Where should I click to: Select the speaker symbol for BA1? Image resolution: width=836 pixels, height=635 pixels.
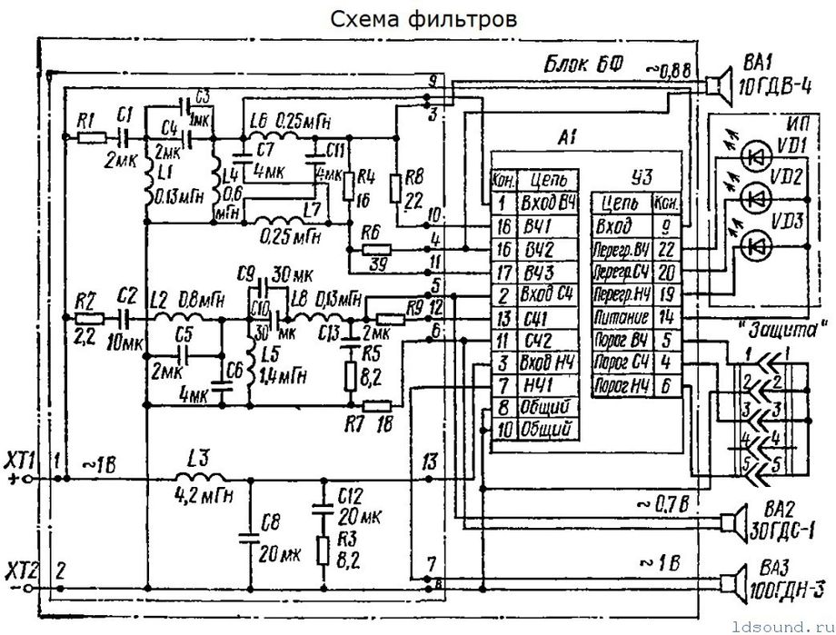click(721, 84)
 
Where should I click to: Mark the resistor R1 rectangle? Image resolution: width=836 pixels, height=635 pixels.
click(92, 137)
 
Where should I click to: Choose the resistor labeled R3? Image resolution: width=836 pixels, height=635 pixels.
click(322, 551)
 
